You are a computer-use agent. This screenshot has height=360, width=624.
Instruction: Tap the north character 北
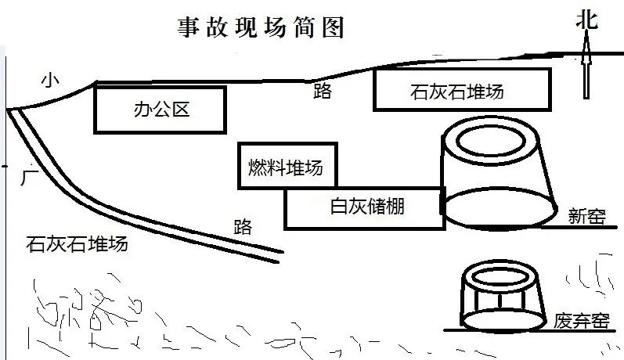pyautogui.click(x=586, y=20)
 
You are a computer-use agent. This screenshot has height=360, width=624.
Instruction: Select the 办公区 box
pyautogui.click(x=160, y=110)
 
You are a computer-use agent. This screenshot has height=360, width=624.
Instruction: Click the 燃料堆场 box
pyautogui.click(x=287, y=166)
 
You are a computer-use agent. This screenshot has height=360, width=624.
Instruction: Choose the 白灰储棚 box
pyautogui.click(x=363, y=207)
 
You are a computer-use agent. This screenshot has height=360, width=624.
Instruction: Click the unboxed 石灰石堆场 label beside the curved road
pyautogui.click(x=77, y=244)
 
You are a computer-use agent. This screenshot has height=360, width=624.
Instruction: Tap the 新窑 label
pyautogui.click(x=588, y=216)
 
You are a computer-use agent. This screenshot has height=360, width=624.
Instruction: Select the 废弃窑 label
pyautogui.click(x=581, y=321)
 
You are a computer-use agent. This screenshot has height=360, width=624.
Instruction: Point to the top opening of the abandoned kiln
pyautogui.click(x=501, y=275)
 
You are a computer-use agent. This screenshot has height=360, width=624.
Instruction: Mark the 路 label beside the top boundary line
pyautogui.click(x=322, y=92)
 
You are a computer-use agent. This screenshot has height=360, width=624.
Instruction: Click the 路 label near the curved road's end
pyautogui.click(x=243, y=227)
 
